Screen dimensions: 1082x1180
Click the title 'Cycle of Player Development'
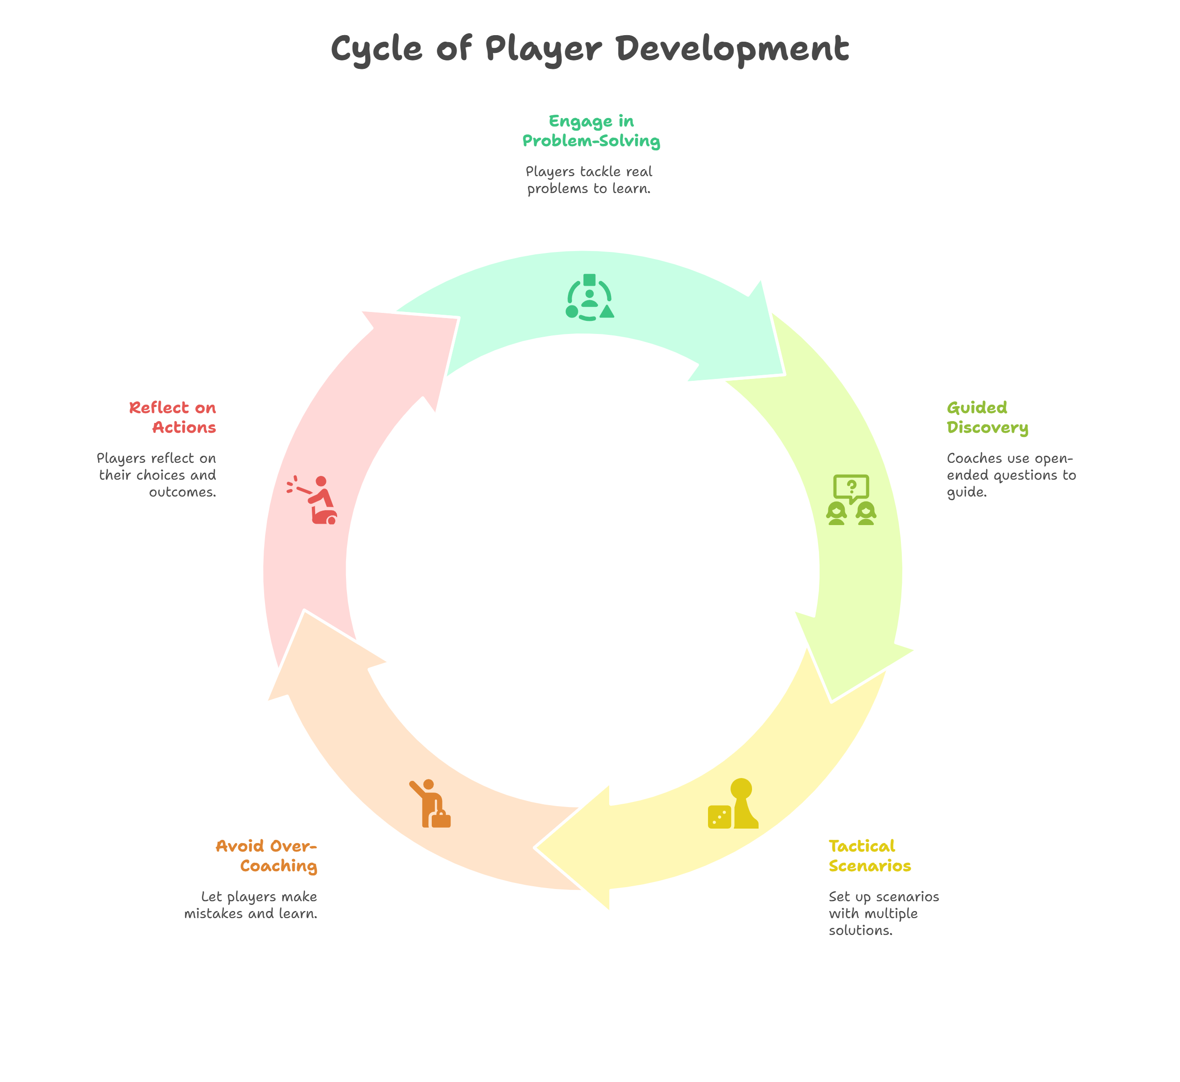pyautogui.click(x=590, y=49)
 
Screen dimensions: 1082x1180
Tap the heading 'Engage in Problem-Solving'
pyautogui.click(x=591, y=131)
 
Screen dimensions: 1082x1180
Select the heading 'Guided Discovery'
pyautogui.click(x=987, y=417)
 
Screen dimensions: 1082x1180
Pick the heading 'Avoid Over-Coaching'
pyautogui.click(x=267, y=856)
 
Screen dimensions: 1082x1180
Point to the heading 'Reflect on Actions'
pyautogui.click(x=173, y=417)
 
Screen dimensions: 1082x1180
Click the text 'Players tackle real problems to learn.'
pyautogui.click(x=589, y=180)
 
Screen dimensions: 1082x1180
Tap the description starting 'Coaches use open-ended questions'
pyautogui.click(x=1011, y=475)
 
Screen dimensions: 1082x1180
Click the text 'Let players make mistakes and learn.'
pyautogui.click(x=251, y=905)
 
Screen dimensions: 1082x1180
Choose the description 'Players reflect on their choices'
pyautogui.click(x=157, y=475)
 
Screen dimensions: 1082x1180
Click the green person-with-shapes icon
pyautogui.click(x=590, y=297)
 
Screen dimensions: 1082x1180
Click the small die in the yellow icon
pyautogui.click(x=719, y=817)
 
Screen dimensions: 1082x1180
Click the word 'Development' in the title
pyautogui.click(x=732, y=49)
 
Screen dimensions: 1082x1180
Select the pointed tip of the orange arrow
pyautogui.click(x=304, y=612)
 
